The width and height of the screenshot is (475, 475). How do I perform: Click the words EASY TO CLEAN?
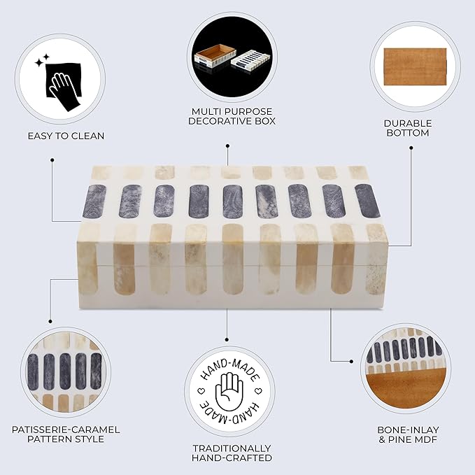(66, 136)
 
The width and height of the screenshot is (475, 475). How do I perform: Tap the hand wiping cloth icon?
(64, 87)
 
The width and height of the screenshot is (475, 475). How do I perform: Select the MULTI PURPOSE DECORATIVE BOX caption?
(232, 116)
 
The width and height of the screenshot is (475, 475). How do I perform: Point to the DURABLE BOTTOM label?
(408, 128)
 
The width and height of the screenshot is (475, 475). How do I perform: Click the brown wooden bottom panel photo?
(416, 67)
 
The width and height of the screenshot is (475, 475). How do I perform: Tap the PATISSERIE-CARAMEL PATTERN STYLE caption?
(66, 434)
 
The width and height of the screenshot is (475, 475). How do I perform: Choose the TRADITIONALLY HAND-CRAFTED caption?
(232, 453)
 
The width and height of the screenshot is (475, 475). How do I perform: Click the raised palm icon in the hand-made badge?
(229, 391)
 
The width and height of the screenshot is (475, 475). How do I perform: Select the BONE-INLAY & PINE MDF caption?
(408, 434)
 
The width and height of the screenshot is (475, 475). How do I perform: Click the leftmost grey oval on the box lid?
(94, 201)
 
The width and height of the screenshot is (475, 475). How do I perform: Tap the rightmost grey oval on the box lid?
(367, 201)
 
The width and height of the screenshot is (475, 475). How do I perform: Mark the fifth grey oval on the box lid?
(233, 201)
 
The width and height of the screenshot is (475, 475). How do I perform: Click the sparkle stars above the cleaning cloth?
(42, 61)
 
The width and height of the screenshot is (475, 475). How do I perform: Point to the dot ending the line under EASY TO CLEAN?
(52, 160)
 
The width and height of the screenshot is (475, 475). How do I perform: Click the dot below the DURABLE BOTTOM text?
(411, 148)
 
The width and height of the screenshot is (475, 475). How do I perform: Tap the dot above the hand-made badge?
(227, 340)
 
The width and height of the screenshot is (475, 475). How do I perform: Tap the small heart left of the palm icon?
(201, 391)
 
